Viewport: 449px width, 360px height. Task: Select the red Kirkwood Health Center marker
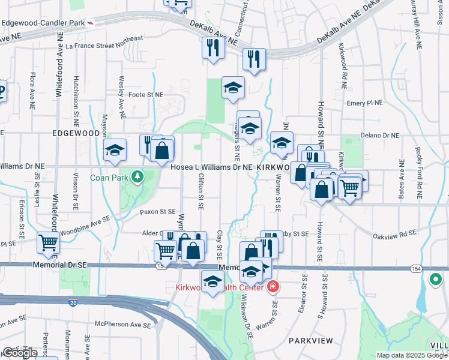[273, 287]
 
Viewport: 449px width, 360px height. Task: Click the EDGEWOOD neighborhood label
[76, 133]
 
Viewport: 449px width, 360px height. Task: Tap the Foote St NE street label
[145, 95]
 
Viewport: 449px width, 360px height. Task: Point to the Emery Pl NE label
[364, 103]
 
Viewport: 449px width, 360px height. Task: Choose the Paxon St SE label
[157, 212]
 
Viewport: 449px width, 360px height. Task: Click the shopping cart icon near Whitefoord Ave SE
[48, 242]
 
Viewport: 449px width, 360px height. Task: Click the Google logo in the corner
[20, 353]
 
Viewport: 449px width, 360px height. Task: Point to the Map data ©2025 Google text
[412, 355]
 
